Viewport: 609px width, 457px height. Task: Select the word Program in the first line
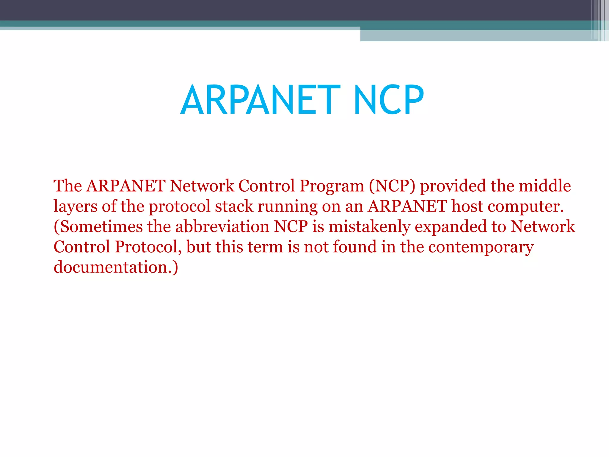332,186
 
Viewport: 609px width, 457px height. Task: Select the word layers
75,206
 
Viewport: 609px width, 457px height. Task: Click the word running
287,206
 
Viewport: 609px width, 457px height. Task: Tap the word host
467,206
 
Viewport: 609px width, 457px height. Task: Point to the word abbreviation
222,227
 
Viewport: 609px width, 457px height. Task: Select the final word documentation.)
116,267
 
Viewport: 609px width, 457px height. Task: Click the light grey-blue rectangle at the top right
476,35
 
